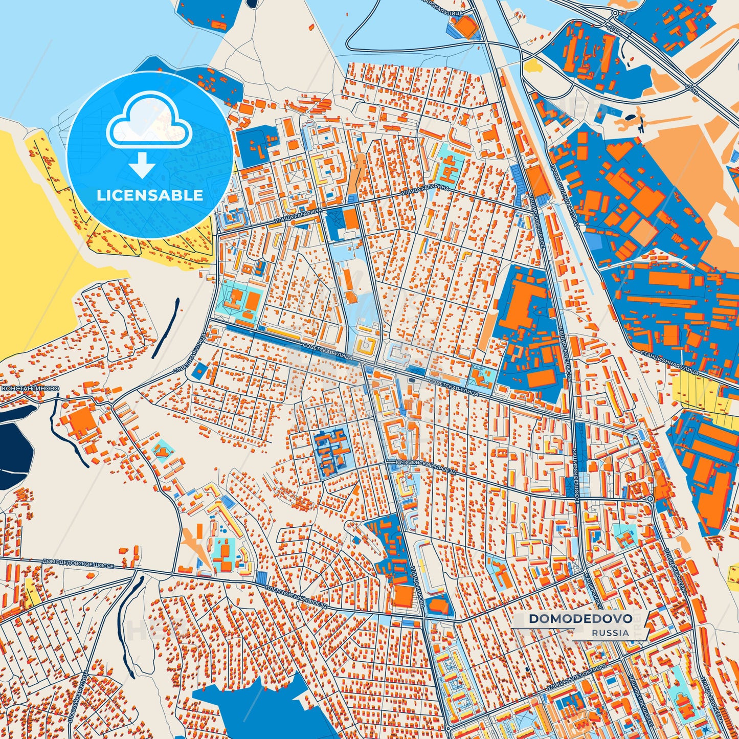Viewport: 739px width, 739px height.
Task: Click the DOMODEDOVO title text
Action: (580, 619)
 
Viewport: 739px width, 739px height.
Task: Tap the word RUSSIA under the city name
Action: (611, 633)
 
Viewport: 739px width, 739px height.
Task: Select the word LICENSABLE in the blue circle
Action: (150, 195)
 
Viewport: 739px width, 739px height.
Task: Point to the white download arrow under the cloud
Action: (142, 165)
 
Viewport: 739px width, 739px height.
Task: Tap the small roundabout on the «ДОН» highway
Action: (614, 13)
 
